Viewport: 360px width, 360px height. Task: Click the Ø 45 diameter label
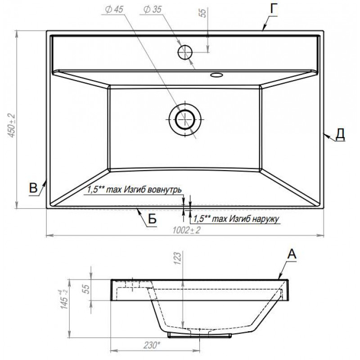[x=114, y=9]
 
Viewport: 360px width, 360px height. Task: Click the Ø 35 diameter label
[x=153, y=9]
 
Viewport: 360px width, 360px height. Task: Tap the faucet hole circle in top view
[x=185, y=52]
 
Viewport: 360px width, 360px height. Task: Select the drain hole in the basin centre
[x=185, y=119]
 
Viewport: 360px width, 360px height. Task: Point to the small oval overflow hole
[x=216, y=75]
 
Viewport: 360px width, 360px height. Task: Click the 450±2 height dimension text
[x=12, y=126]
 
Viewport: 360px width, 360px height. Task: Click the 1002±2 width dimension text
[x=186, y=230]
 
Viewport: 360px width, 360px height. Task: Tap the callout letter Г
[x=274, y=9]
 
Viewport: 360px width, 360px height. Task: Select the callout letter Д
[x=340, y=134]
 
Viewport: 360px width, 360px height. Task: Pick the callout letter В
[x=33, y=188]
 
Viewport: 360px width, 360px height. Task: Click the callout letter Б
[x=152, y=219]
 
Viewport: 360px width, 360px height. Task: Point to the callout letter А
[x=292, y=254]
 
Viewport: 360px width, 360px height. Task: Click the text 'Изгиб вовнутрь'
[x=153, y=189]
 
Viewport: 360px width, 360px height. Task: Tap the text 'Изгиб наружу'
[x=254, y=219]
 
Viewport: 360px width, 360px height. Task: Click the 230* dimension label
[x=151, y=345]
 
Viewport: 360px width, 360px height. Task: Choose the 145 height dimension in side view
[x=64, y=299]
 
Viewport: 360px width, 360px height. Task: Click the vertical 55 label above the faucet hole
[x=202, y=13]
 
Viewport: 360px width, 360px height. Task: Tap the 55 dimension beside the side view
[x=85, y=289]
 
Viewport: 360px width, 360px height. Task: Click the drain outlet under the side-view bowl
[x=199, y=335]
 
